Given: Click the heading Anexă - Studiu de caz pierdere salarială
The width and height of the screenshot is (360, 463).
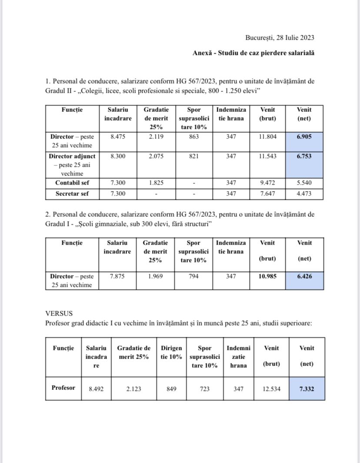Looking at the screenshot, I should (x=253, y=53).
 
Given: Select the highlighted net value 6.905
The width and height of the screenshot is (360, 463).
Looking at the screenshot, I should (x=304, y=137).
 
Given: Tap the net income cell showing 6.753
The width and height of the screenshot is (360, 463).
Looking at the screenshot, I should (x=304, y=156).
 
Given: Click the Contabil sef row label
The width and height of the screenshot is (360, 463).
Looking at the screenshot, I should (x=72, y=183).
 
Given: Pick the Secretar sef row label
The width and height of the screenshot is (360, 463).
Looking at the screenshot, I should (x=72, y=194).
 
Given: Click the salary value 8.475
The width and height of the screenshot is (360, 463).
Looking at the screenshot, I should (x=117, y=137).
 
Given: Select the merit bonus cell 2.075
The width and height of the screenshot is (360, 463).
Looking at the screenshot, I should (x=156, y=156).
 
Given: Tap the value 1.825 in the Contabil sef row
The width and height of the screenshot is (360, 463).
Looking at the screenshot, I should (x=156, y=183).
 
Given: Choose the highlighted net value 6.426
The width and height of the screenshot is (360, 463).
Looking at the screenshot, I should (x=304, y=276).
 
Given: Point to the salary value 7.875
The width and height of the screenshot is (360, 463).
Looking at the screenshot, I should (x=117, y=276).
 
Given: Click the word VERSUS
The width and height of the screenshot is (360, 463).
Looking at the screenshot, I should (x=59, y=313).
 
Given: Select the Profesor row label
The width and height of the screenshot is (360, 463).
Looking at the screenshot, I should (x=63, y=388).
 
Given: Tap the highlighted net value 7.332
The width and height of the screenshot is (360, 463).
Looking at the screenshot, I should (x=307, y=388).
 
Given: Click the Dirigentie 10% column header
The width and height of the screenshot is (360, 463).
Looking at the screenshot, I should (x=171, y=352).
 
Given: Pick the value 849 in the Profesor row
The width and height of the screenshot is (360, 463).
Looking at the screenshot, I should (x=171, y=388).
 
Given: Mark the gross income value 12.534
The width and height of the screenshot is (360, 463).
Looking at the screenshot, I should (x=271, y=388).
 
